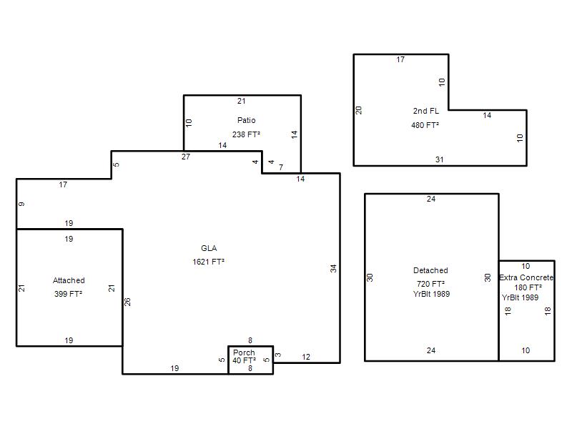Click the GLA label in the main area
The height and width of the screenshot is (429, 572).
209,248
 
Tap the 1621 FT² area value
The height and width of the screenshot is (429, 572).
208,262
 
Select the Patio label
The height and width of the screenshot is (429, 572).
246,120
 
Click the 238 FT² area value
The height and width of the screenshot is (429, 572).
246,134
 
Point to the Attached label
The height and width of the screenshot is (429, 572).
69,280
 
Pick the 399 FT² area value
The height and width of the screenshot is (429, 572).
68,294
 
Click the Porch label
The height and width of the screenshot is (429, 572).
244,352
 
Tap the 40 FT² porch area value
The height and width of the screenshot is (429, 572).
244,360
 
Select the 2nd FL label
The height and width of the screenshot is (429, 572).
425,112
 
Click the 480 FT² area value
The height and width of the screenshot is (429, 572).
425,126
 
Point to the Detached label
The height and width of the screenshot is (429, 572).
430,271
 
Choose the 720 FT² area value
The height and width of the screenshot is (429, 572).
430,284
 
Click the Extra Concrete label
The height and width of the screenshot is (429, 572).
526,277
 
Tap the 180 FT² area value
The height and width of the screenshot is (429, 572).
528,288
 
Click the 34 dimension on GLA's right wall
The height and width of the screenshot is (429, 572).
333,269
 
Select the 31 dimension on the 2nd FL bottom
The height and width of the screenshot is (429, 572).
440,159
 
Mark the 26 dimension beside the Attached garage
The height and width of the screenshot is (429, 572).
127,302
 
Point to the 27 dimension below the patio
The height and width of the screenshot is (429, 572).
186,157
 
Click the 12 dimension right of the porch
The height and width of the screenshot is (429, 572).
306,357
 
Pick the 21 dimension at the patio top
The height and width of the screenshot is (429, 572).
242,101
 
